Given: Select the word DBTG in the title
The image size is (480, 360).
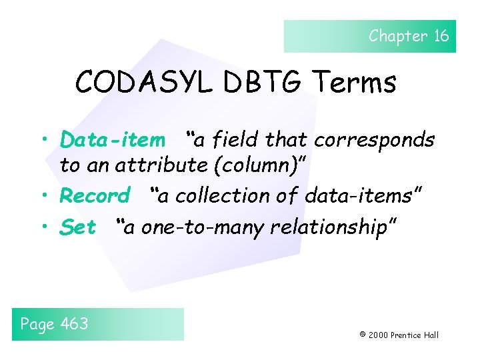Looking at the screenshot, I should pos(258,83).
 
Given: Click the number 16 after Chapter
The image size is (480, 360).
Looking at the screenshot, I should pos(441,36).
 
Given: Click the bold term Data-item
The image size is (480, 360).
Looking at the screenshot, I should pos(112,140).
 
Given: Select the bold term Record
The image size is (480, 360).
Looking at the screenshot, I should pos(95,196).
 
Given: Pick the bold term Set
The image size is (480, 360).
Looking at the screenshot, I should pos(78,227).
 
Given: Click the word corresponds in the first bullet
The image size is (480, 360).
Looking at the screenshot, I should pos(375,140).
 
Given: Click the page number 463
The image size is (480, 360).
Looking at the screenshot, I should pos(75,324).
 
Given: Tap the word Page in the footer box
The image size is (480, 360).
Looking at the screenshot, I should pos(38,325).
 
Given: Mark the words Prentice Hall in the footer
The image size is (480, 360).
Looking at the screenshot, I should pos(415,335).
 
